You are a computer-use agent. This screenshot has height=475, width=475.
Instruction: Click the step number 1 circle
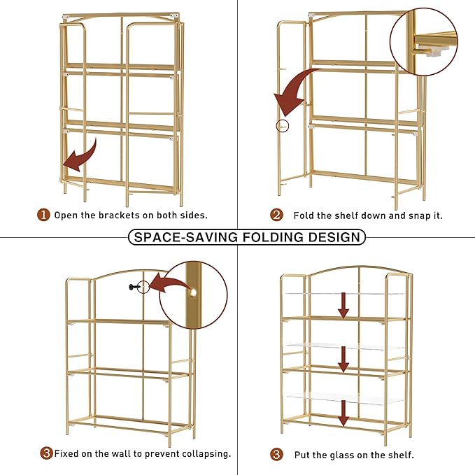44,215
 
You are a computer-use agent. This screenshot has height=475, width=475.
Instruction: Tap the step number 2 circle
276,215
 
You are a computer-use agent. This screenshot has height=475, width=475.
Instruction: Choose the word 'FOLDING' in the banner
269,237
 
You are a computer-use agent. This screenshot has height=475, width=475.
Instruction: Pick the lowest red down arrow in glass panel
343,412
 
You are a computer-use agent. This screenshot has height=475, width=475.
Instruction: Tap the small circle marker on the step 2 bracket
282,126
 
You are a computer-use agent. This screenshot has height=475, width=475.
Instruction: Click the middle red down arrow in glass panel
343,358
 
